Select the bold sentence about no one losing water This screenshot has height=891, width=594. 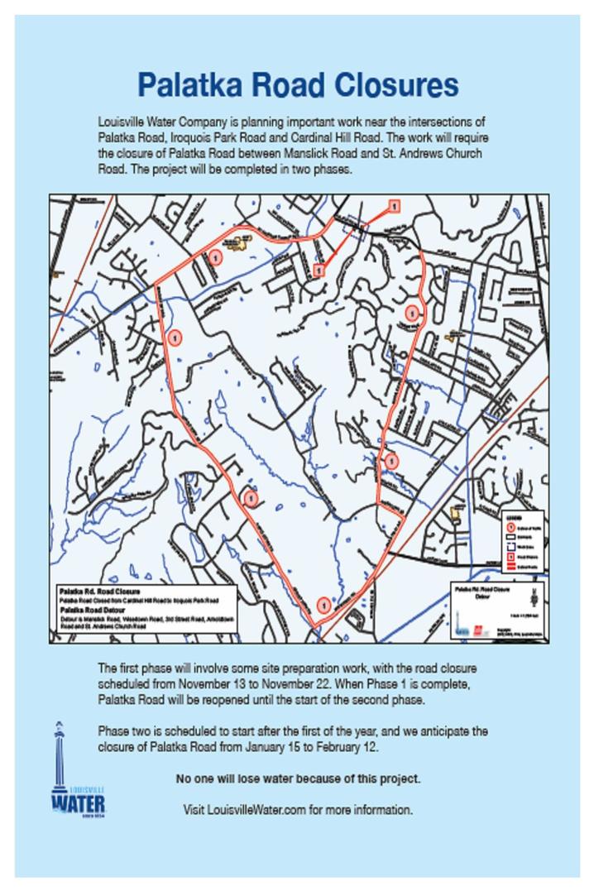[298, 778]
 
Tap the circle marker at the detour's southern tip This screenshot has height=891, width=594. [323, 606]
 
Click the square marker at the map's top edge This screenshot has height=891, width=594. [394, 205]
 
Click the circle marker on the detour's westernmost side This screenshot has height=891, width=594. [175, 337]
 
